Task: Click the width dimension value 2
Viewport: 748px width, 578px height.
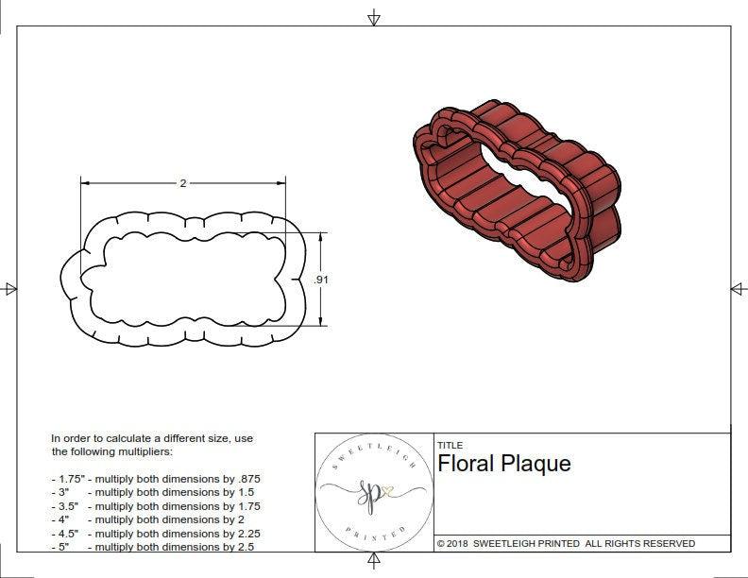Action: click(183, 183)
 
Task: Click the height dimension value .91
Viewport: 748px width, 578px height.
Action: click(320, 280)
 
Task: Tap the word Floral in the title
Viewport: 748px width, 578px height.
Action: click(465, 464)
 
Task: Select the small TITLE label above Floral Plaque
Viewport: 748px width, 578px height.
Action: click(450, 446)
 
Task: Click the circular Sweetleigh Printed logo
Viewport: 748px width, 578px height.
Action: click(369, 493)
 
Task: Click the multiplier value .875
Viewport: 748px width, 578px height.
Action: click(246, 479)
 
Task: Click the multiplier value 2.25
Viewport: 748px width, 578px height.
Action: click(244, 533)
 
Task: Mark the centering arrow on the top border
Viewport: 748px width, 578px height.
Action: click(374, 17)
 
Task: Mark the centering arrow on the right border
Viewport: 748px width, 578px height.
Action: click(738, 288)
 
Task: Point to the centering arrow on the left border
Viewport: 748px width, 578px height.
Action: click(9, 288)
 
